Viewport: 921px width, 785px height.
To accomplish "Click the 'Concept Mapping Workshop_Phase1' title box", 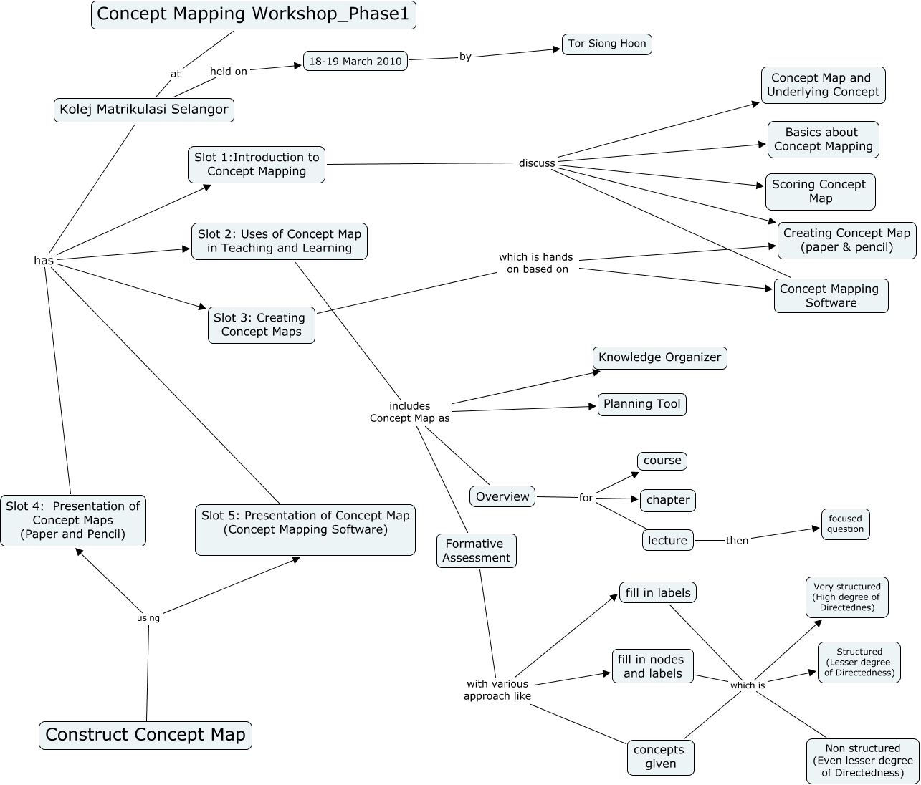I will coord(253,14).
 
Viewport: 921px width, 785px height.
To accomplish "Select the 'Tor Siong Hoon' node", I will coord(606,44).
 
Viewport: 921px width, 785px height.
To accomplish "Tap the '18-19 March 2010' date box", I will coord(355,61).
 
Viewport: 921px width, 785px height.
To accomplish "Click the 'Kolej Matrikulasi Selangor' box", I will coord(144,110).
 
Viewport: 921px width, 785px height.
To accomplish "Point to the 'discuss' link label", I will coord(537,163).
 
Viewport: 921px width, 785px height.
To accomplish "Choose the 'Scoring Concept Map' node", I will coord(819,191).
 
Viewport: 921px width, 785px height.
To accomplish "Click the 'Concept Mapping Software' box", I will coord(830,296).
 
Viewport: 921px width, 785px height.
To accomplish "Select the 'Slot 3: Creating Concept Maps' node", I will coord(260,324).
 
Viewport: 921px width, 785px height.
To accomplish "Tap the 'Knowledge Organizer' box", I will coord(659,357).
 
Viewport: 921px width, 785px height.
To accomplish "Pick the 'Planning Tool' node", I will coord(641,404).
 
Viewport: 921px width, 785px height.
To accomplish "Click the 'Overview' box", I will coord(502,496).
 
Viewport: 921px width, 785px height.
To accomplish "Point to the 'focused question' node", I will coord(845,524).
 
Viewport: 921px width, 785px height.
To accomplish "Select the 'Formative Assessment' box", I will coord(476,551).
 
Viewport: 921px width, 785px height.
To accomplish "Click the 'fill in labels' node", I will coord(657,593).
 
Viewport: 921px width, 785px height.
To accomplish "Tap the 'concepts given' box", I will coord(659,757).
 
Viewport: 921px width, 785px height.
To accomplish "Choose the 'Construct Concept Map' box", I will coord(145,735).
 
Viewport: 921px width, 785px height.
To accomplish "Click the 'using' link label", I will coord(148,617).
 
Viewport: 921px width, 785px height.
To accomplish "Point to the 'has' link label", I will coord(44,261).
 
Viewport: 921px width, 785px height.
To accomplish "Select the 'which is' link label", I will coord(747,685).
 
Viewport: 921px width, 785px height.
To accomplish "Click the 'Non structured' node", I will coord(862,760).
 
